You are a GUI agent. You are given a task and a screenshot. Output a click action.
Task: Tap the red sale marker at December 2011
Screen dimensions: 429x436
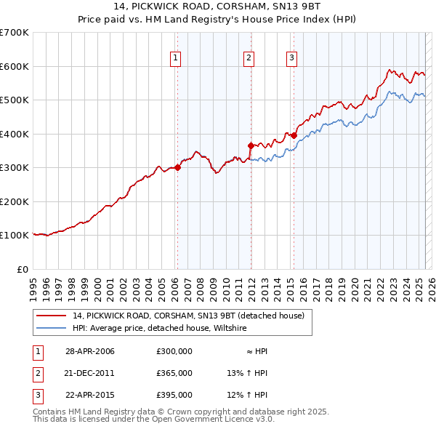coord(250,145)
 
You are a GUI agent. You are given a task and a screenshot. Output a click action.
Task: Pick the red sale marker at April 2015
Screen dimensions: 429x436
coord(294,135)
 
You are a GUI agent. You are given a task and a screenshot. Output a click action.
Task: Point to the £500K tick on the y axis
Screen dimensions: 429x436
coord(15,100)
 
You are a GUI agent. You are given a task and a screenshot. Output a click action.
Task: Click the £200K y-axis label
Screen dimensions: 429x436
coord(15,201)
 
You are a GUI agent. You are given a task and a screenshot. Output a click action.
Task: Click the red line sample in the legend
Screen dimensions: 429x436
coord(52,316)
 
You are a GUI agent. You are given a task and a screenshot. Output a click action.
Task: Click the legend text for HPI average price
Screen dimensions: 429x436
coord(159,329)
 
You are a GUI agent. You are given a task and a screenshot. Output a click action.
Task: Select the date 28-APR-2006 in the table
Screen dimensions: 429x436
coord(90,351)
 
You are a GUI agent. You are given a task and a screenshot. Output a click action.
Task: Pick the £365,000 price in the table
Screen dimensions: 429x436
coord(174,373)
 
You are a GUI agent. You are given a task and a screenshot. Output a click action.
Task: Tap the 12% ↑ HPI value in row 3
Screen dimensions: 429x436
coord(247,395)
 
